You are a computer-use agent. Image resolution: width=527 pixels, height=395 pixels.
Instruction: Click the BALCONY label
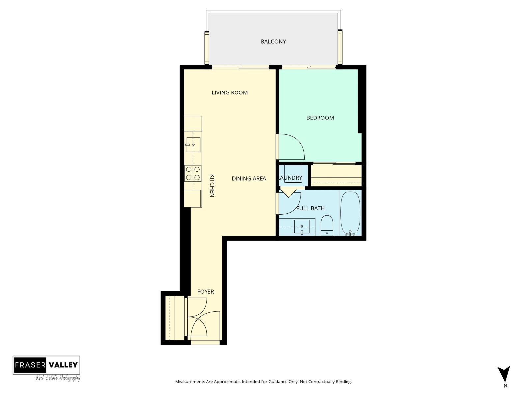[x=273, y=42]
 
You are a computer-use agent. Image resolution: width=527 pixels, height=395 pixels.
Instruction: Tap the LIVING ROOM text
[x=230, y=93]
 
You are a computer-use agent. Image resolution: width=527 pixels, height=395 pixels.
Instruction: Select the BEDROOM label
[x=320, y=118]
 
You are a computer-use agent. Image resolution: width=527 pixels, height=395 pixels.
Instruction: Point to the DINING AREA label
[x=249, y=179]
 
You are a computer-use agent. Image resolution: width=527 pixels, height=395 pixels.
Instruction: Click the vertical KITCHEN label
[x=212, y=186]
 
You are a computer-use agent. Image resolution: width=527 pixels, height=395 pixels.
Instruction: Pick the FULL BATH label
[x=310, y=208]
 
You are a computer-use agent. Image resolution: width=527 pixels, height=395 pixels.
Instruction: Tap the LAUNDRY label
[x=290, y=178]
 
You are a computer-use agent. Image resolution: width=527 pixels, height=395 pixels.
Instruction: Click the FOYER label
[x=206, y=292]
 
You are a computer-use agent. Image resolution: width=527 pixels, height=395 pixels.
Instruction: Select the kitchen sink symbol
[x=193, y=145]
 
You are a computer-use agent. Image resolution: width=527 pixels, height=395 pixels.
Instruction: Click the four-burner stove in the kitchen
[x=193, y=173]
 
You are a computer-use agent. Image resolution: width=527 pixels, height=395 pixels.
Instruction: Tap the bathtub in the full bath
[x=350, y=212]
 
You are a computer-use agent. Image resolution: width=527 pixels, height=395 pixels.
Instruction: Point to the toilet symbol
[x=327, y=225]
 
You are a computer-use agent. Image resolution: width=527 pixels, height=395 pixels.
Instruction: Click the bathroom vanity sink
[x=302, y=227]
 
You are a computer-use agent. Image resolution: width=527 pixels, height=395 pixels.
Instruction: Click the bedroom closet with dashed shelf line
[x=336, y=175]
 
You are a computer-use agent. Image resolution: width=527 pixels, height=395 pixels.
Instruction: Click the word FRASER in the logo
[x=30, y=365]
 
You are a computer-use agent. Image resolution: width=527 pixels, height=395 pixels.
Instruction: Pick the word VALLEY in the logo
[x=63, y=365]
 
